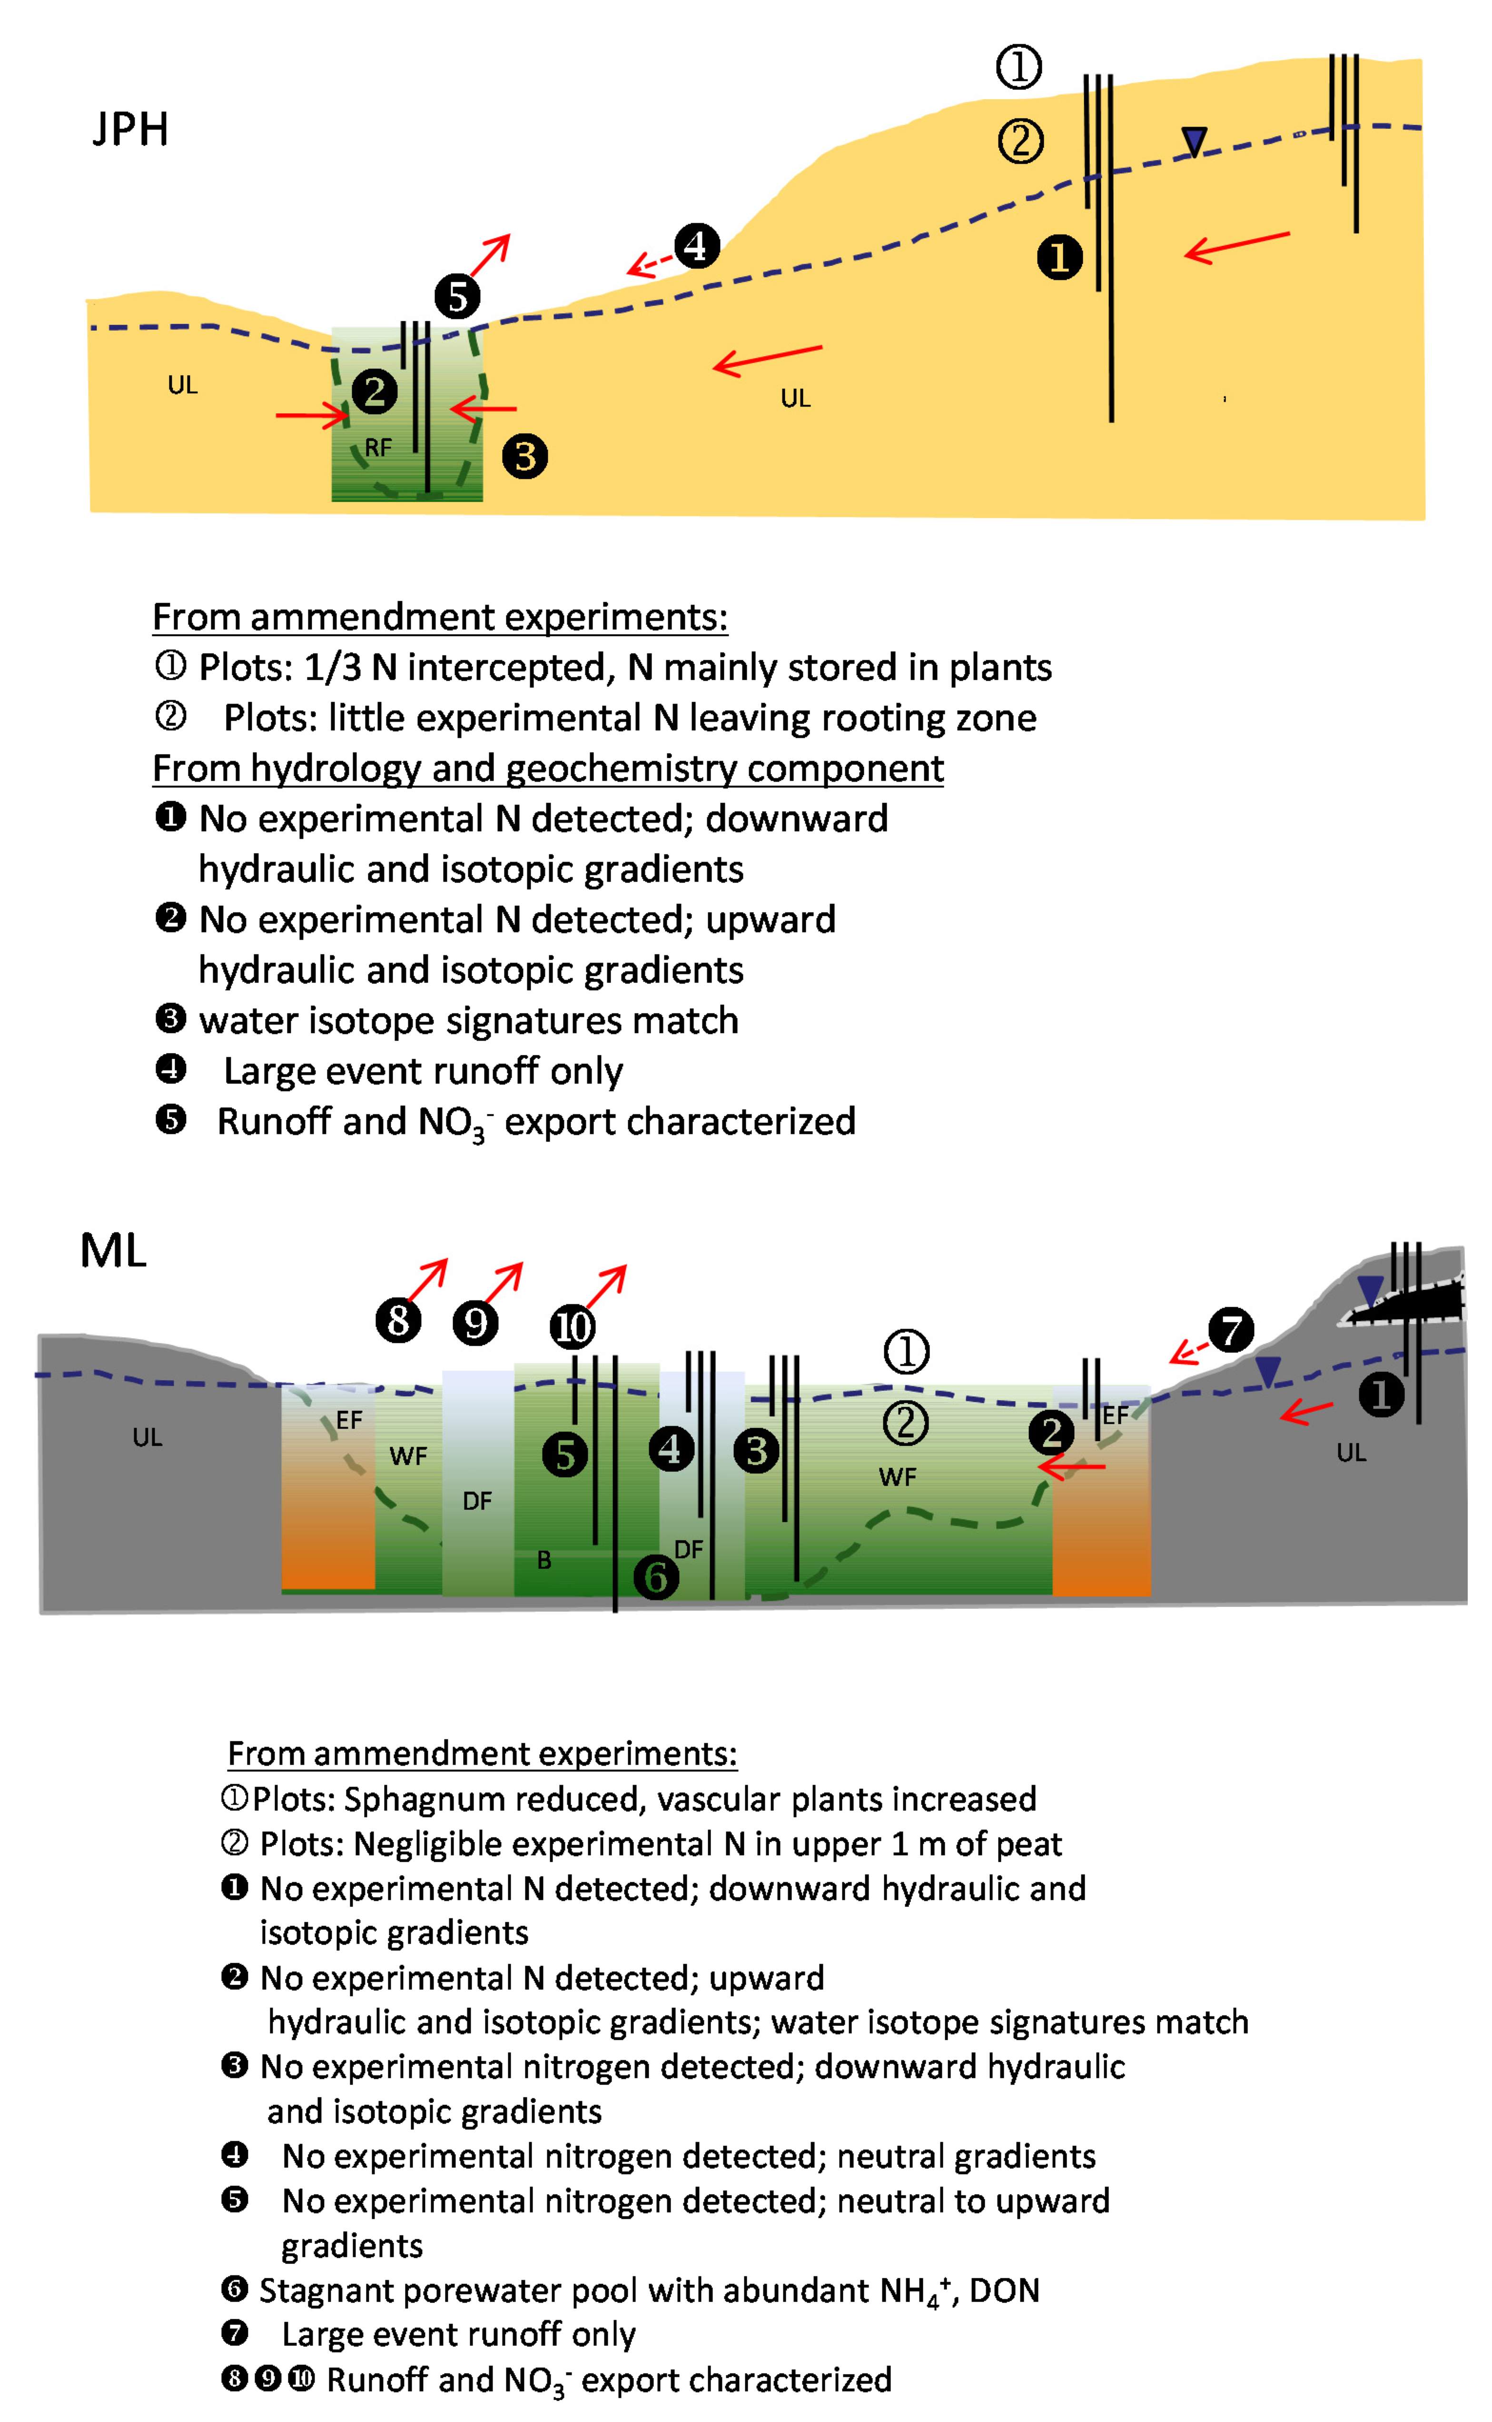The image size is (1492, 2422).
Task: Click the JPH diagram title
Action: pos(130,129)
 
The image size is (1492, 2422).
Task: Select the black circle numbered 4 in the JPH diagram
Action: pos(697,246)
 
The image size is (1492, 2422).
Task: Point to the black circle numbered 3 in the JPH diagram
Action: pos(525,457)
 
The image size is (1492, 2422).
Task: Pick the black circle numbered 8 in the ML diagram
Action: pos(399,1320)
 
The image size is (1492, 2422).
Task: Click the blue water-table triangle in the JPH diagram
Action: pos(1194,141)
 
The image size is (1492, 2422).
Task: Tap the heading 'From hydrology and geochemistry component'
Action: pos(548,768)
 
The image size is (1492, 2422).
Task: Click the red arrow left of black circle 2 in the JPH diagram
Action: pos(312,416)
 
